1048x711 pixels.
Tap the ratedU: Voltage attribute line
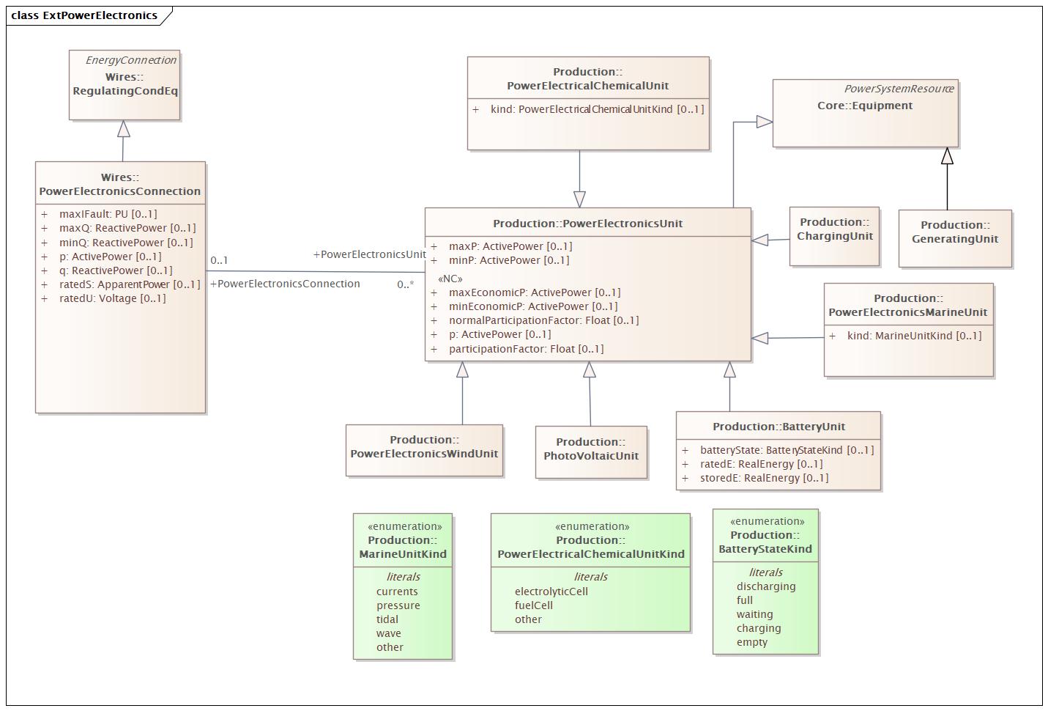click(112, 298)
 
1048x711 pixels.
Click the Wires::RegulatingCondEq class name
click(125, 84)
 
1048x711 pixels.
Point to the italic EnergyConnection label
click(130, 60)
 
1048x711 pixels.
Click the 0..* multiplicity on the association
click(406, 284)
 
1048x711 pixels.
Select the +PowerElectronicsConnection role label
click(286, 284)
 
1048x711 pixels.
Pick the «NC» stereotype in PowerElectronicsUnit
click(450, 279)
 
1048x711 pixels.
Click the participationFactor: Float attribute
click(526, 349)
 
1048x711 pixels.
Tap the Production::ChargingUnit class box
click(834, 236)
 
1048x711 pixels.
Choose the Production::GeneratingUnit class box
click(955, 238)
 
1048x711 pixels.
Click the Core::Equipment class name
click(865, 106)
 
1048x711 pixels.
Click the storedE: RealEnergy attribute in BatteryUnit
click(764, 478)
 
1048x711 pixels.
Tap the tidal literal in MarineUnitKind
click(387, 619)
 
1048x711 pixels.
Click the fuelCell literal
click(534, 605)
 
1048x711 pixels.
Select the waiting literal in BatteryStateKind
click(754, 614)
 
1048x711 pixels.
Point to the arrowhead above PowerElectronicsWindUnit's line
click(462, 370)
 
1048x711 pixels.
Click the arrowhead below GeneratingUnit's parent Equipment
click(947, 156)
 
